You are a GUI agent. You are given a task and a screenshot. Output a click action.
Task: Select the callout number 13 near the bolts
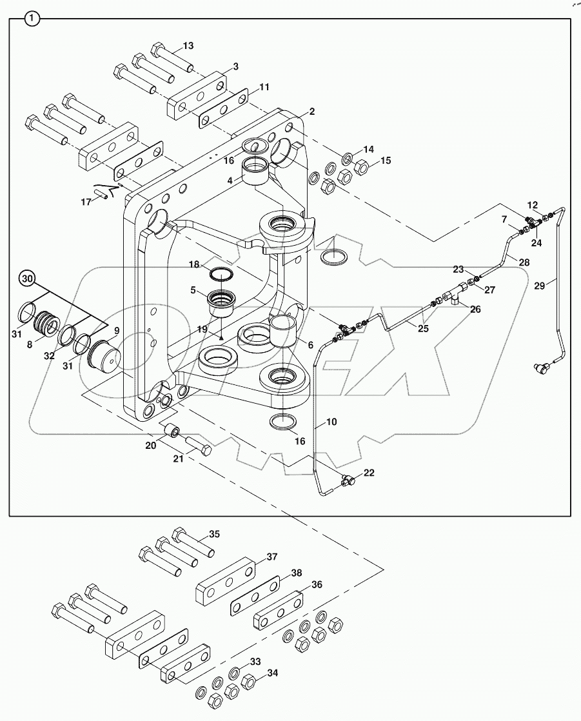188,46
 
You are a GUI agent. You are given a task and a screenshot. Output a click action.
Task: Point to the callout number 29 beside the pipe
540,285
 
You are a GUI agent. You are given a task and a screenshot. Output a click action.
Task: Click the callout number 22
368,473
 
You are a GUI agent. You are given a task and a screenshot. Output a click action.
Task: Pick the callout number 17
86,202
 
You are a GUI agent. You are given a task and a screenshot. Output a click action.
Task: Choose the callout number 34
273,674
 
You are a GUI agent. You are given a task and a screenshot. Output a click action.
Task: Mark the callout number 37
273,557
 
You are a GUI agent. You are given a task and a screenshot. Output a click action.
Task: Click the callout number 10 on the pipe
331,422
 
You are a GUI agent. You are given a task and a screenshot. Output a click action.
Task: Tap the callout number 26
475,310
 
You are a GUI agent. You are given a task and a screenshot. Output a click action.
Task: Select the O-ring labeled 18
221,273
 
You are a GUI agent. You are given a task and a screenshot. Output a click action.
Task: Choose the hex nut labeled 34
247,681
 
